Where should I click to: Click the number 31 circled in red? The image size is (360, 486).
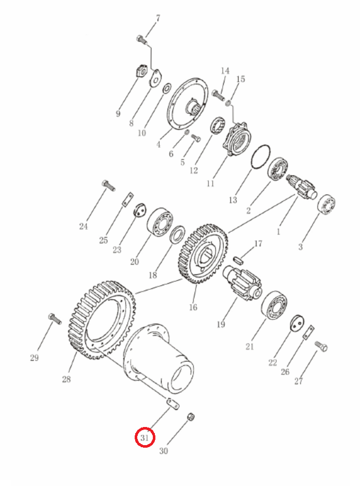145,438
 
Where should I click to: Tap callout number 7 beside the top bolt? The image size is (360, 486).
158,18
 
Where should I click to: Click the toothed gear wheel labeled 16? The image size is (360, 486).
203,254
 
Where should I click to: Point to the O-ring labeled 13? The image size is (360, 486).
261,157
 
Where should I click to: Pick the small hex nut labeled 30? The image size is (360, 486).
191,417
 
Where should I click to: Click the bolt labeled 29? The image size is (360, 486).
55,319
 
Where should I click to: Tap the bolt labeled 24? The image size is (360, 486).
108,185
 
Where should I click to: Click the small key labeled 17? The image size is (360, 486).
238,259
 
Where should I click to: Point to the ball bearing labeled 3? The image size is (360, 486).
326,204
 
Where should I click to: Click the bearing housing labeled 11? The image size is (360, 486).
236,139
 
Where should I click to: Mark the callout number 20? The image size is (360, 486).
134,261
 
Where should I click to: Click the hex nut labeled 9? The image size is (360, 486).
142,71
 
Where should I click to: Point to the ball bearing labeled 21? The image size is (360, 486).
274,305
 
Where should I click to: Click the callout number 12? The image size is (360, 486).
194,170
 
